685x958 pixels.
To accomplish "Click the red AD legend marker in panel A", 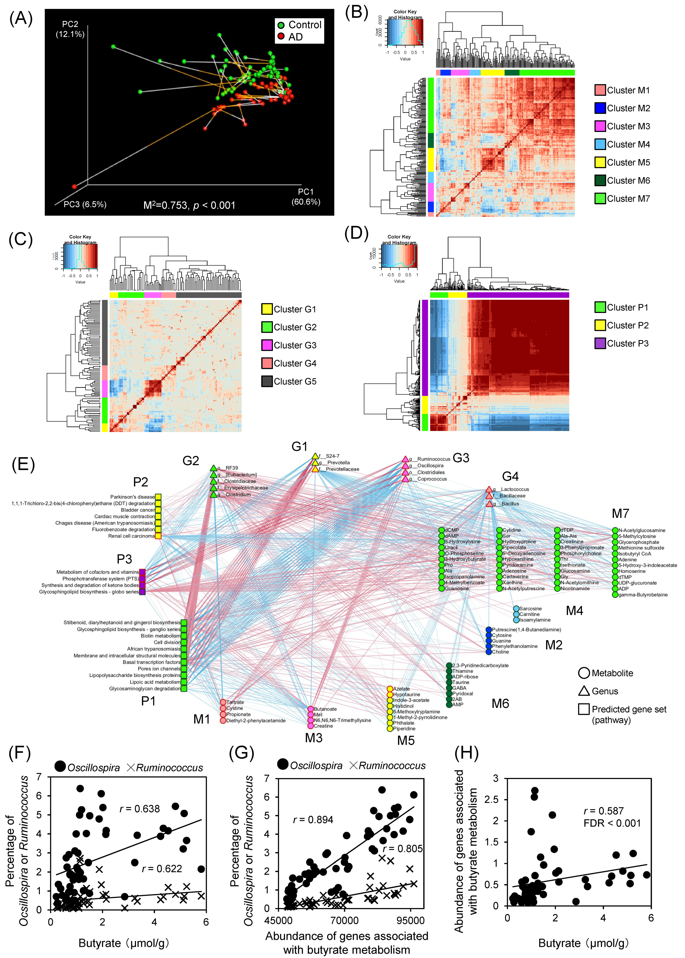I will (x=281, y=37).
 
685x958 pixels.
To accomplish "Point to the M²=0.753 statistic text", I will (x=189, y=206).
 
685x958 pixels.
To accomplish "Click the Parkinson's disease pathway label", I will (x=132, y=497).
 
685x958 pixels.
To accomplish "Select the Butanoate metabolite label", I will (x=325, y=709).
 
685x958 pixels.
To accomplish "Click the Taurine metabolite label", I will (x=461, y=682).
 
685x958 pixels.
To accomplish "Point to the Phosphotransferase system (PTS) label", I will (x=100, y=579).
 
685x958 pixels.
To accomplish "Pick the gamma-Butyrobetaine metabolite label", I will (x=643, y=595).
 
